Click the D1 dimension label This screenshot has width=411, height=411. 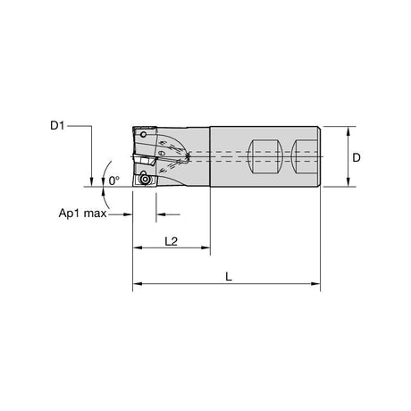[x=57, y=126]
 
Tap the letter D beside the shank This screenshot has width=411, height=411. [x=356, y=157]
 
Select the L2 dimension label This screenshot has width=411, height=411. [x=172, y=241]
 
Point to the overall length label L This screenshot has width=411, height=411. [x=229, y=277]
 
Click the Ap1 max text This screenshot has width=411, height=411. [x=82, y=214]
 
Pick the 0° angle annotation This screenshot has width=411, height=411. [x=113, y=180]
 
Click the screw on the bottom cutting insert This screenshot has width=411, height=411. [x=145, y=180]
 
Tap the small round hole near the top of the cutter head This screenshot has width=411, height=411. [x=143, y=135]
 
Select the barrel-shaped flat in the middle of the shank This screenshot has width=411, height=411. [x=265, y=156]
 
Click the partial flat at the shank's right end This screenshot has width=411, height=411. [x=305, y=156]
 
